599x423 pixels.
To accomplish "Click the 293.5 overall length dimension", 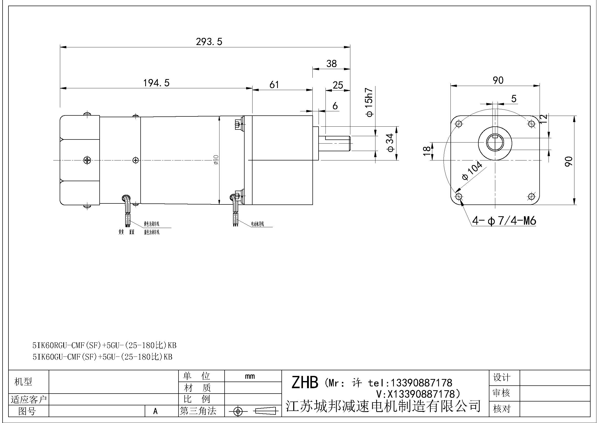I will click(209, 42).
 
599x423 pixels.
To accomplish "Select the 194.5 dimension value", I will click(156, 83).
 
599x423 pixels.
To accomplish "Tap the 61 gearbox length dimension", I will click(274, 85).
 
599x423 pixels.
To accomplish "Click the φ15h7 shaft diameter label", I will click(370, 102).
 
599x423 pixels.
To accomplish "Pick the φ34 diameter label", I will click(390, 143).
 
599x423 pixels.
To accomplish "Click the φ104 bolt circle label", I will click(472, 171).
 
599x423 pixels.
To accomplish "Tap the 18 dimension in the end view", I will click(427, 151).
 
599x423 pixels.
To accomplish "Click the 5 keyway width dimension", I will click(514, 99).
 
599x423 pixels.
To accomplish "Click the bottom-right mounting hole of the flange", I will click(531, 196).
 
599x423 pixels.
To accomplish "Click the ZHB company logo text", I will click(304, 382).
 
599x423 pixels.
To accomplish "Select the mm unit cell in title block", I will click(250, 376).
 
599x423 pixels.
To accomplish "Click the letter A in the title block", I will click(155, 411).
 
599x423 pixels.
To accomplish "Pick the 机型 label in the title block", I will click(23, 382).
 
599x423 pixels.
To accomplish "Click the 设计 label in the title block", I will click(501, 377).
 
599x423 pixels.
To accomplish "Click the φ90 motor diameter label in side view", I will click(216, 159).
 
